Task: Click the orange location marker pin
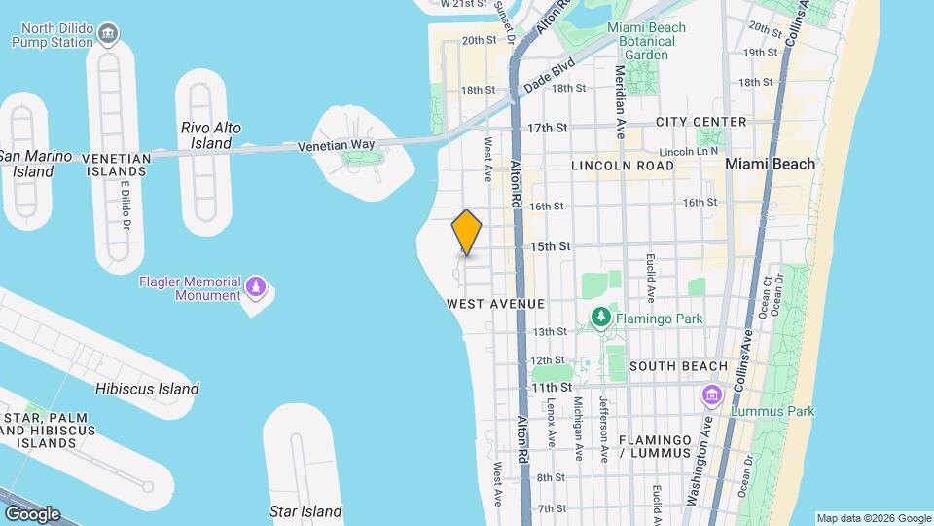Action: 467,233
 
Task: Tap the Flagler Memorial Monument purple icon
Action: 256,286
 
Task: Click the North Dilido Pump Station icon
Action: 110,36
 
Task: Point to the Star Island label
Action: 305,511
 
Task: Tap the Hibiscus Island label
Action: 147,389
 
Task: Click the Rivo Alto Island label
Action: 211,135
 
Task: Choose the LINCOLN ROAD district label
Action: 623,166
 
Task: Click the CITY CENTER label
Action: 700,122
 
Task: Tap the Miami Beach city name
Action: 771,164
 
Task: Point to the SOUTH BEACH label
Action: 678,366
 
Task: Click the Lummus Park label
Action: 774,411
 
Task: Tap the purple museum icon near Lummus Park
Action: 712,395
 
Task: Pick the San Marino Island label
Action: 35,164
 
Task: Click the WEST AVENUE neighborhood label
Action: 495,304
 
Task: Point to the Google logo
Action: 32,514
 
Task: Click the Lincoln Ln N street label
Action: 688,152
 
